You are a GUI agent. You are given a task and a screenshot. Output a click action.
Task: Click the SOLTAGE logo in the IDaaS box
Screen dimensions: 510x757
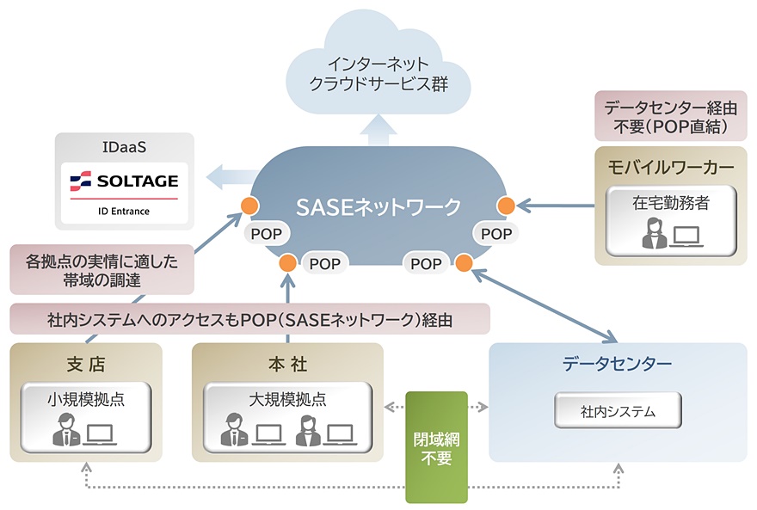pos(124,181)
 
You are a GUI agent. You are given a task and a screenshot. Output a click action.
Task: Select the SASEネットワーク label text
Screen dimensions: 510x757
pos(378,206)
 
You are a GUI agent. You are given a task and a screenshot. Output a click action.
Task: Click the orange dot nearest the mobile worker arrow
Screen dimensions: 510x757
pos(506,206)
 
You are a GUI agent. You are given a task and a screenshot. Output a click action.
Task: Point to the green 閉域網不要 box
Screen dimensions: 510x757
pos(436,447)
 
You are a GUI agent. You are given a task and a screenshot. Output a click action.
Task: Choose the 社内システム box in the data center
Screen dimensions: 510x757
pos(618,411)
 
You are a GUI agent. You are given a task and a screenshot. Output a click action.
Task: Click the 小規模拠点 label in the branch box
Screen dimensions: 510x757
pos(86,399)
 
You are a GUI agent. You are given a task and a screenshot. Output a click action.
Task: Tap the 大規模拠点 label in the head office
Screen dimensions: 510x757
pos(287,399)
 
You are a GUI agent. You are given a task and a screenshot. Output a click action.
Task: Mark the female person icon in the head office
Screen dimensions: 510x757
pos(310,430)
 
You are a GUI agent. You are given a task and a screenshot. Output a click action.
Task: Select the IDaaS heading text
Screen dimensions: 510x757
pos(124,147)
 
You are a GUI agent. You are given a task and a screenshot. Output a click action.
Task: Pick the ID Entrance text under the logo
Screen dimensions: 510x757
pos(124,211)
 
